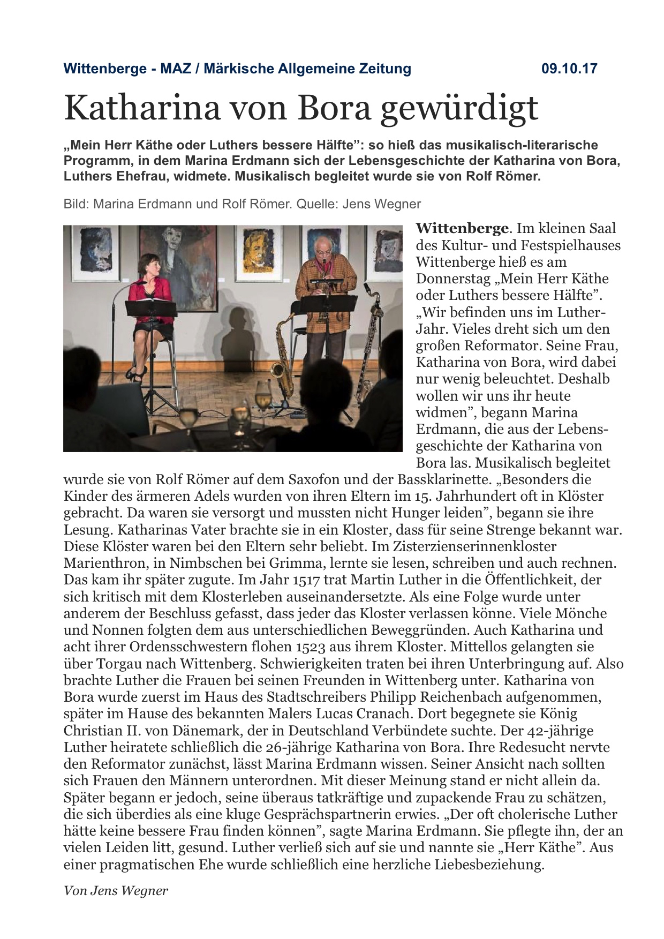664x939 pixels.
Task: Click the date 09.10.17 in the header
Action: [569, 69]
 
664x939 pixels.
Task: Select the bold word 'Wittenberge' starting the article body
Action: [462, 228]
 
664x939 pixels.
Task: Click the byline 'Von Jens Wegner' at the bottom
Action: [116, 891]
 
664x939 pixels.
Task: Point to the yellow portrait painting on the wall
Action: [258, 251]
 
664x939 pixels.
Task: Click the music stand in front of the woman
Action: [150, 308]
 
